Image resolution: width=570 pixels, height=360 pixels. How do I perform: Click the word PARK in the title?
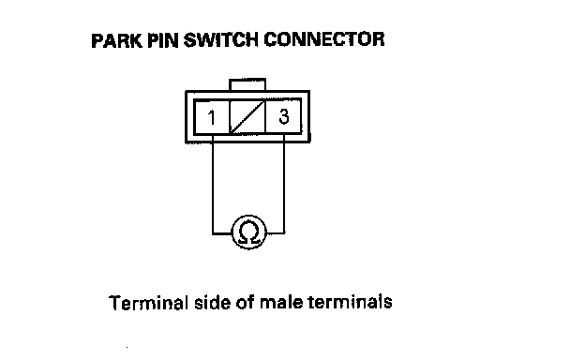(x=116, y=40)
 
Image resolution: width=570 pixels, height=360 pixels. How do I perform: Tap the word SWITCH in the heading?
(x=221, y=39)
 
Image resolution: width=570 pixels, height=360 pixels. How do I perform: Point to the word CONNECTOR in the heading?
(x=324, y=39)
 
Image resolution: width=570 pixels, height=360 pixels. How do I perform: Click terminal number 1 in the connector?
(x=211, y=117)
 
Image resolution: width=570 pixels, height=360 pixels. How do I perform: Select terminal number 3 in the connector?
(x=284, y=116)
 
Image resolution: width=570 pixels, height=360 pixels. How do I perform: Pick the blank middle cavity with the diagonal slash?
(x=247, y=117)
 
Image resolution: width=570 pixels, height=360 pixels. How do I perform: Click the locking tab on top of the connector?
(x=247, y=84)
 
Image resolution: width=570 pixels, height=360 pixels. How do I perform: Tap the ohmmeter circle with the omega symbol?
(x=249, y=232)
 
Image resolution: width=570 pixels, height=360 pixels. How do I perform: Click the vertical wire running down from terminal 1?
(x=213, y=184)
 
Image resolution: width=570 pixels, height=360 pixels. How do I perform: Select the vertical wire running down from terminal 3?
(x=283, y=184)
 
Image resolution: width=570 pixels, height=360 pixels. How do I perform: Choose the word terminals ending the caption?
(x=350, y=302)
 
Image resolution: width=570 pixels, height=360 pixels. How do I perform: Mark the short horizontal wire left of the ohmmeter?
(x=222, y=233)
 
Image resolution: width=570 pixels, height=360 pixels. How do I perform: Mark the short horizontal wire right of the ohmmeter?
(x=276, y=232)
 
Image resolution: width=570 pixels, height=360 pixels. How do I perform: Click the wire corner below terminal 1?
(x=213, y=233)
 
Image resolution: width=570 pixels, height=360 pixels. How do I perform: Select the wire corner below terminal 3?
(x=283, y=232)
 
